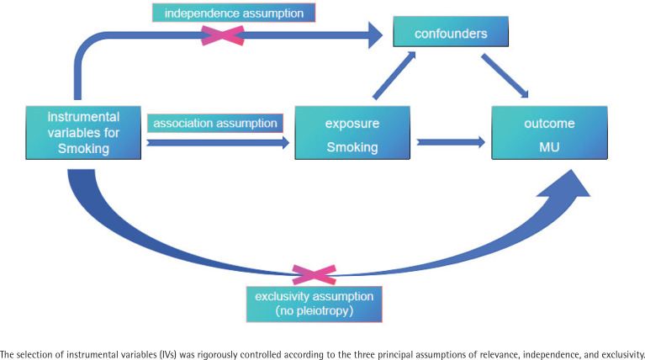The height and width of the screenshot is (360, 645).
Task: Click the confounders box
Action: (451, 32)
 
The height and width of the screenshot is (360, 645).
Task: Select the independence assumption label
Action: (234, 13)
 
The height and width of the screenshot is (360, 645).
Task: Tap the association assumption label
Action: (215, 123)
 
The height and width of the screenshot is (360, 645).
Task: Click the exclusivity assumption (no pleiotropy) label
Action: (315, 304)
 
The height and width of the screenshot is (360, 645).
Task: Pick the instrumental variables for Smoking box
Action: (83, 133)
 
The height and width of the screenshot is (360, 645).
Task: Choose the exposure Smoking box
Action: (352, 133)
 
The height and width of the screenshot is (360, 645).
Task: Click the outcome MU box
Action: (550, 133)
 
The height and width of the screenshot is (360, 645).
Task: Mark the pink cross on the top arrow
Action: (223, 35)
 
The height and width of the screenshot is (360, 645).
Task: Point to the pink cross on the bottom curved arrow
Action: (314, 275)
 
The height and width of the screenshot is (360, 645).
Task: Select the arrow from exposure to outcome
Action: (451, 142)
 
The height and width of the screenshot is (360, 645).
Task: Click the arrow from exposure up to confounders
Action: (394, 76)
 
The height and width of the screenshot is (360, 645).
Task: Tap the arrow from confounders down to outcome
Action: (505, 76)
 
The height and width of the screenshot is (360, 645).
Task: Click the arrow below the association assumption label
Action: (218, 143)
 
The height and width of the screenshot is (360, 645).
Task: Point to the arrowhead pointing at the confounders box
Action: (375, 35)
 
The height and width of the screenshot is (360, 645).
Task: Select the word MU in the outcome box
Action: (550, 147)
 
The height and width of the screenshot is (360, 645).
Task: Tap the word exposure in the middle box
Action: (352, 124)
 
